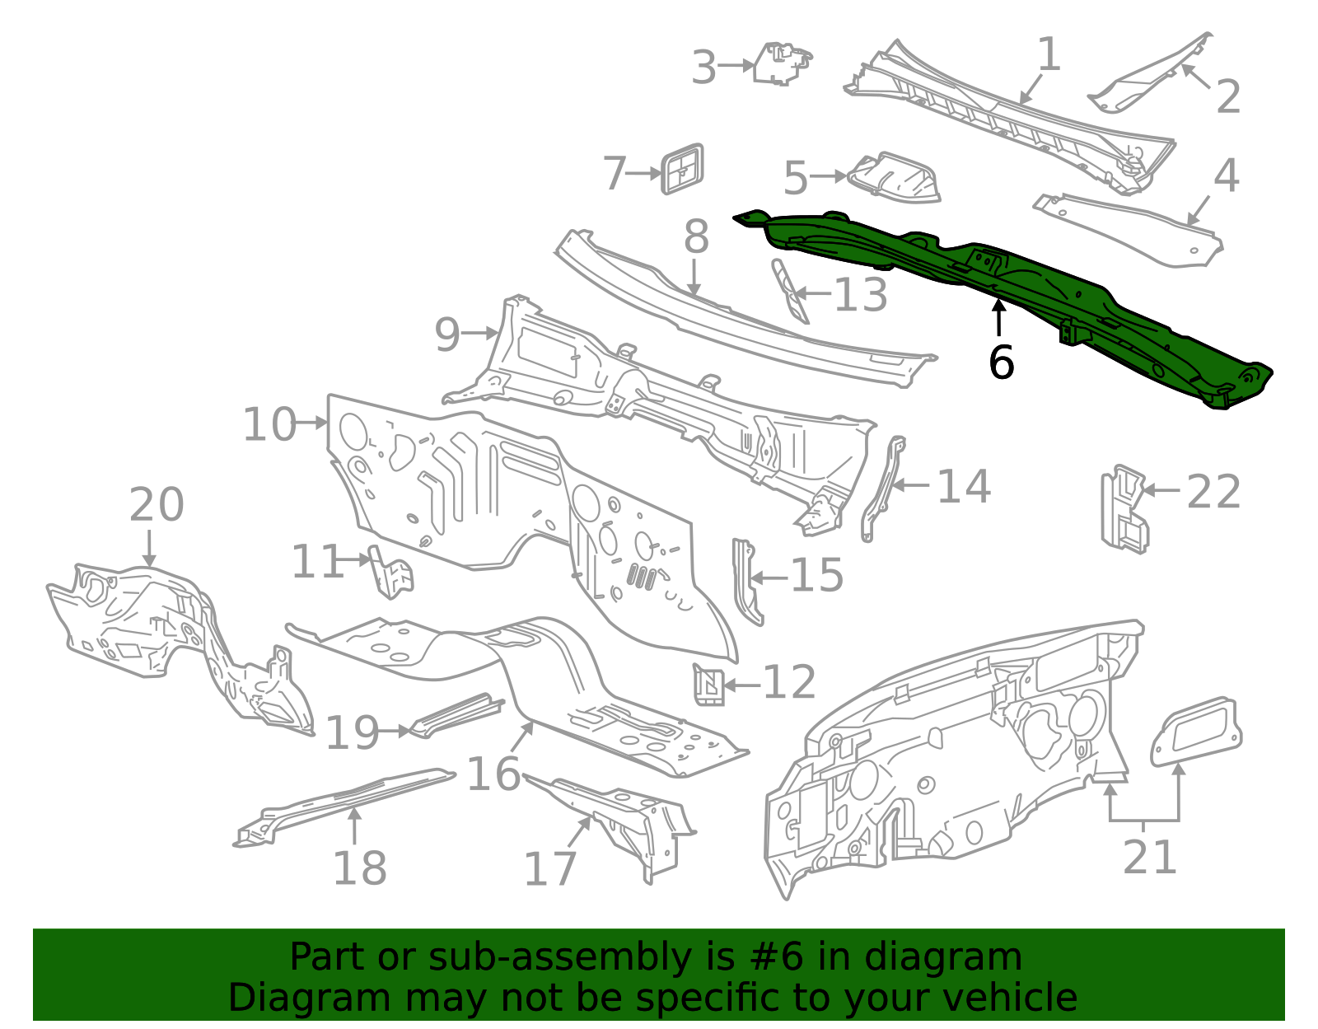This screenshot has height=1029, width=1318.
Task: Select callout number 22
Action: [x=1213, y=492]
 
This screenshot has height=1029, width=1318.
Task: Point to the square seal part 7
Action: [x=683, y=170]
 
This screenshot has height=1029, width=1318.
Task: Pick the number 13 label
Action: [x=861, y=294]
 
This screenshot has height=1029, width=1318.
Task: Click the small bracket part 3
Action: [x=781, y=63]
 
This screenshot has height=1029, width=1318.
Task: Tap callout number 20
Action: [x=157, y=504]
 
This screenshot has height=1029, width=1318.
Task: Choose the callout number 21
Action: [x=1150, y=857]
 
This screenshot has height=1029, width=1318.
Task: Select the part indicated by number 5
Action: [x=894, y=177]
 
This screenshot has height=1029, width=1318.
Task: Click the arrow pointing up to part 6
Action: [x=998, y=318]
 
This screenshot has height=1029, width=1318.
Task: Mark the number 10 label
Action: [x=269, y=424]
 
